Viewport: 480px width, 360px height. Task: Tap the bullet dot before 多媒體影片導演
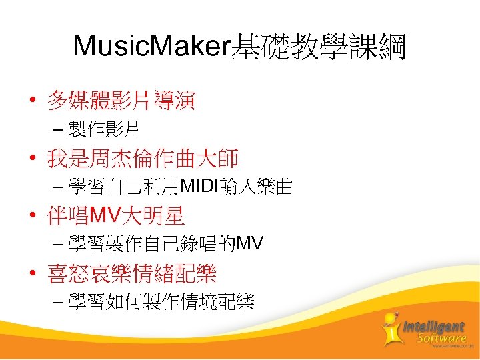click(x=31, y=102)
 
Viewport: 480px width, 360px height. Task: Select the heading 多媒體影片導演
click(x=120, y=102)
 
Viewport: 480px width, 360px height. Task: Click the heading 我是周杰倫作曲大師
click(x=142, y=159)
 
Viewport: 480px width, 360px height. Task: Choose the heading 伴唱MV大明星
click(x=115, y=217)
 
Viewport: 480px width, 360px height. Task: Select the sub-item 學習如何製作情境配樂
click(x=161, y=303)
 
